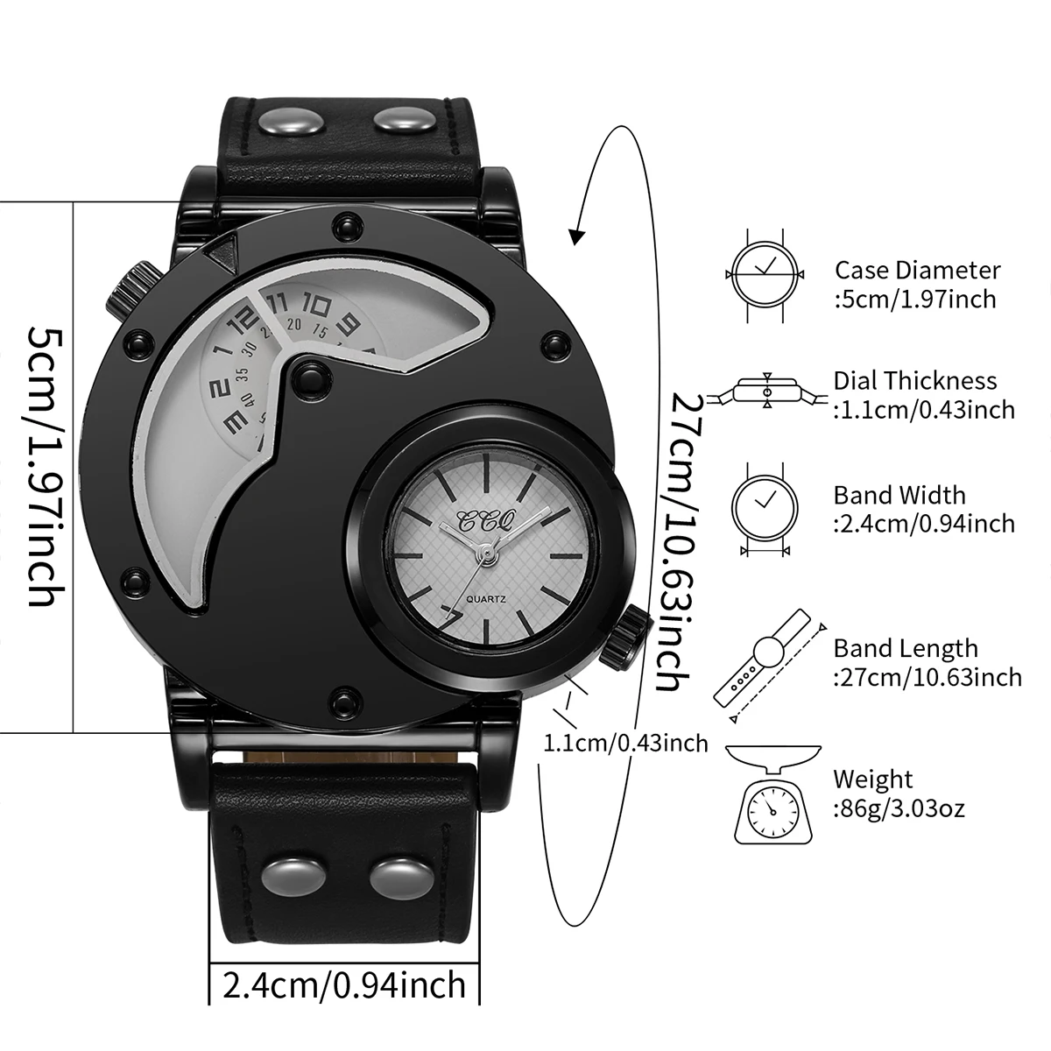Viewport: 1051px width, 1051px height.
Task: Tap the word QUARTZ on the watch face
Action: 487,598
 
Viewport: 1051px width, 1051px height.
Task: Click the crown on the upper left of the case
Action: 128,288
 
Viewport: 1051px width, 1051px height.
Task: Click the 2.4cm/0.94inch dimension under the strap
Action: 344,985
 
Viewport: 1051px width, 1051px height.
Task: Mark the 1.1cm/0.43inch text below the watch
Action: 625,744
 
